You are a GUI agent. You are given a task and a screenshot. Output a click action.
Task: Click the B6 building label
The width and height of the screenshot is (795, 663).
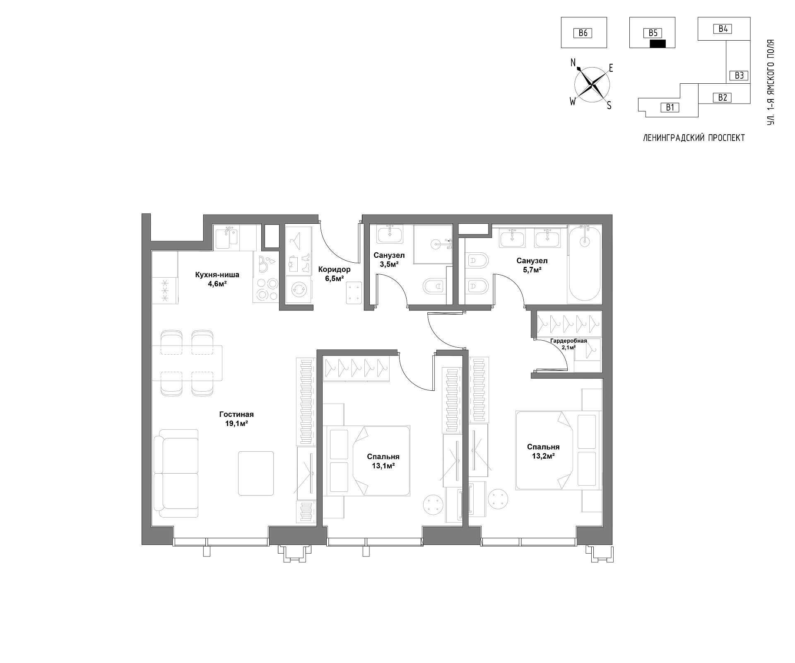pyautogui.click(x=583, y=33)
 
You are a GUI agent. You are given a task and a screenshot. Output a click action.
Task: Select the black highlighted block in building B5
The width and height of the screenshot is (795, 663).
pyautogui.click(x=658, y=44)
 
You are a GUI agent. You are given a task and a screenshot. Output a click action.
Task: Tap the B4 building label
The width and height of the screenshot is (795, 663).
pyautogui.click(x=723, y=29)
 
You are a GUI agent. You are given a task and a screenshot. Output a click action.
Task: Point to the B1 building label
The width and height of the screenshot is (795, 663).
pyautogui.click(x=670, y=108)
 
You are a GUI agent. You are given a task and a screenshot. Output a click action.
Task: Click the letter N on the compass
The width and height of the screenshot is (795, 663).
pyautogui.click(x=573, y=63)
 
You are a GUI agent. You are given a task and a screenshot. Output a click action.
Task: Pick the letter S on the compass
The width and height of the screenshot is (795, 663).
pyautogui.click(x=609, y=106)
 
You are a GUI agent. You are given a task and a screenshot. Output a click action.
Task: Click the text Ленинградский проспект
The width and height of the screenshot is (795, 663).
pyautogui.click(x=694, y=138)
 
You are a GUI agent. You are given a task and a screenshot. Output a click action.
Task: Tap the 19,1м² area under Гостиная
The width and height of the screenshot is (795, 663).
pyautogui.click(x=236, y=423)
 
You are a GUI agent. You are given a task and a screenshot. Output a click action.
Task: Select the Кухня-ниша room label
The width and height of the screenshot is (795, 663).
pyautogui.click(x=217, y=274)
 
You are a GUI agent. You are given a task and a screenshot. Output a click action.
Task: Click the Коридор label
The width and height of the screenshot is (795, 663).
pyautogui.click(x=334, y=269)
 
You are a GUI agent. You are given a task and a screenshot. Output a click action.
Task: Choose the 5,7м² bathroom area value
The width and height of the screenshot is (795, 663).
pyautogui.click(x=532, y=270)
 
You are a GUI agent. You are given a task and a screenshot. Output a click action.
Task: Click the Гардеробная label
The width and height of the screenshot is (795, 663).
pyautogui.click(x=569, y=341)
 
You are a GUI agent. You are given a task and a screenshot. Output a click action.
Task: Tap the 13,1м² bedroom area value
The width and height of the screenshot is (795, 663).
pyautogui.click(x=383, y=466)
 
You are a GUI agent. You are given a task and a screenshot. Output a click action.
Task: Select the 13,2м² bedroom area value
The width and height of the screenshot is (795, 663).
pyautogui.click(x=543, y=456)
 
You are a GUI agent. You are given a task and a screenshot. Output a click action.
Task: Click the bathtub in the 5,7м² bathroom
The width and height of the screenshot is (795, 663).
pyautogui.click(x=584, y=263)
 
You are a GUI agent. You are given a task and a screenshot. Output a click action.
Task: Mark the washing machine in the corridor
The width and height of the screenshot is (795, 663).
pyautogui.click(x=298, y=290)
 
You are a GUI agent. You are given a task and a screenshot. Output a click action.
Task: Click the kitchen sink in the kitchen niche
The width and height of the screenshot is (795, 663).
pyautogui.click(x=226, y=237)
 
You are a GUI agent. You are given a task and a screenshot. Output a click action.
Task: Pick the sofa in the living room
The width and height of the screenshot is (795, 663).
pyautogui.click(x=176, y=473)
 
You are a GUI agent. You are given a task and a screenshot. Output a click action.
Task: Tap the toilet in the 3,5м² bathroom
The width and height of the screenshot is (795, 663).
pyautogui.click(x=434, y=286)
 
